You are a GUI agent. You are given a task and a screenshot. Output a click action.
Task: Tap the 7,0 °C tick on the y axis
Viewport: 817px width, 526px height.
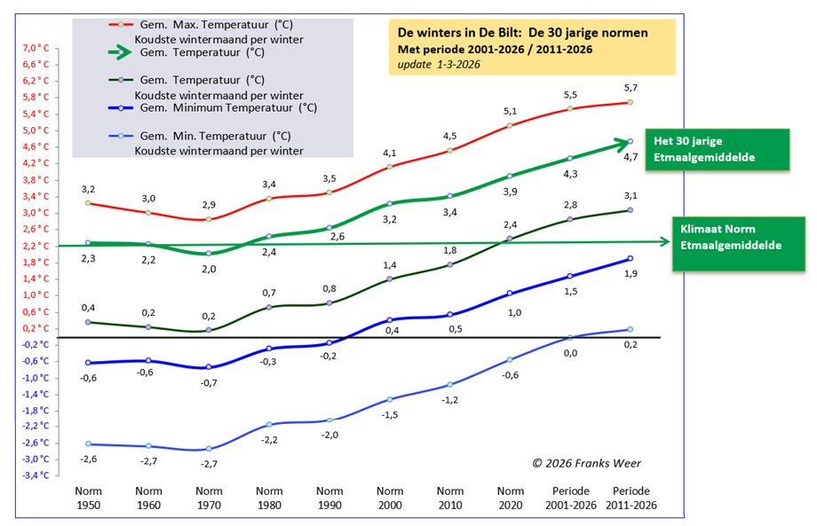[35, 48]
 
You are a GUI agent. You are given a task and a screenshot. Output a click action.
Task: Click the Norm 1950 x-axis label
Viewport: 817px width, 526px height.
[89, 499]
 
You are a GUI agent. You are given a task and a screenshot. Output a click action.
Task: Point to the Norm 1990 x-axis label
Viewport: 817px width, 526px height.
[329, 499]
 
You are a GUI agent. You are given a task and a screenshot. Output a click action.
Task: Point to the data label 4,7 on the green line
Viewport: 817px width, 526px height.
[632, 157]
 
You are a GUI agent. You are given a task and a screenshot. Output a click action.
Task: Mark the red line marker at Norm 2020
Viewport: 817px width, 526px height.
[511, 125]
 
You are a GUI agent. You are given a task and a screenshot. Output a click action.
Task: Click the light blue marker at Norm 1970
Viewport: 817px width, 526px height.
[209, 449]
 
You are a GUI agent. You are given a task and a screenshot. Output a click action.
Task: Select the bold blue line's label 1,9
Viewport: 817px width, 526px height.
[630, 273]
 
